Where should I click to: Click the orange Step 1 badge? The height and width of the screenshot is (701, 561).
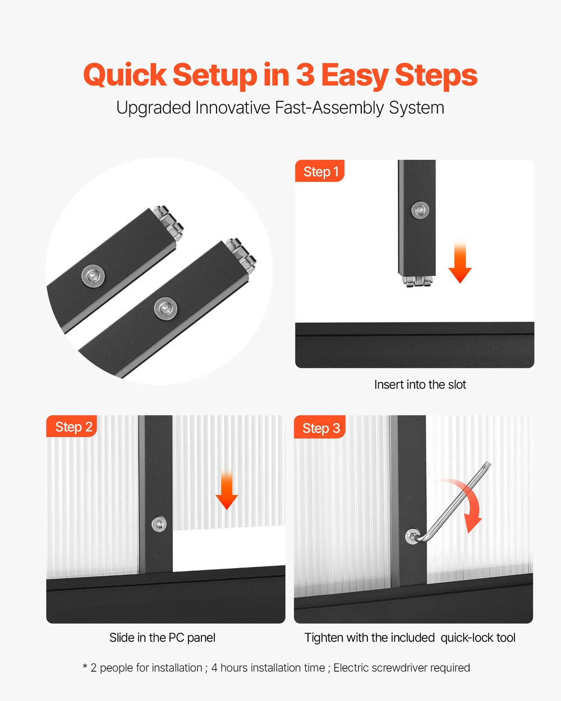click(x=319, y=170)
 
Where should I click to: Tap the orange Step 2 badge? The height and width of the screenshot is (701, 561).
click(x=71, y=426)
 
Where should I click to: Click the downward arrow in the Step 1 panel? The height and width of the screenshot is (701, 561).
click(x=460, y=262)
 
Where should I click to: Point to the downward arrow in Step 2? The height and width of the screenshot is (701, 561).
click(x=227, y=490)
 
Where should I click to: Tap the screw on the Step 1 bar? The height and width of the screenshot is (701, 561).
click(x=420, y=210)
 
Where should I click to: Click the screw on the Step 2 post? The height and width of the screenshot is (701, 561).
click(x=159, y=524)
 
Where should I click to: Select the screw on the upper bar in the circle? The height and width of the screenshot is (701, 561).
click(x=93, y=276)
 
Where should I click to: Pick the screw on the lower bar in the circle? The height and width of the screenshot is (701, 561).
click(x=166, y=308)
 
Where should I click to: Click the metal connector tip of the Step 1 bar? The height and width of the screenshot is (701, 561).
click(x=417, y=281)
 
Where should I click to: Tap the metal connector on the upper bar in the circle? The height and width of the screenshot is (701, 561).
click(x=168, y=222)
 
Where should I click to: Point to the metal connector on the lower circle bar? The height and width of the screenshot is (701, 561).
click(x=241, y=255)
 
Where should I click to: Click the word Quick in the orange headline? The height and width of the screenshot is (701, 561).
click(x=125, y=75)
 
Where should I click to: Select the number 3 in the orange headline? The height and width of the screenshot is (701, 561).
click(x=305, y=75)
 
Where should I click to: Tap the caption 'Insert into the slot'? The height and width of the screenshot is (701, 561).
click(x=420, y=385)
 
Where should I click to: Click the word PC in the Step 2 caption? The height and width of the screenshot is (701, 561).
click(x=176, y=638)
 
